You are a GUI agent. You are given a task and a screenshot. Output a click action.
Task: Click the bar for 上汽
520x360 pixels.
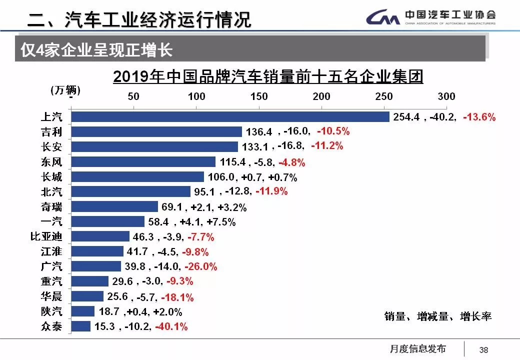point(230,117)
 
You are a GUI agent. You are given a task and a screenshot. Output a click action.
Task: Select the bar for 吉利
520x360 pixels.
point(156,132)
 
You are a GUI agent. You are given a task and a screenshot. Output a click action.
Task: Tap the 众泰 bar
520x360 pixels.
point(80,326)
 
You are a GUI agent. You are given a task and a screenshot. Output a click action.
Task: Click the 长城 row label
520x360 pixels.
point(51,177)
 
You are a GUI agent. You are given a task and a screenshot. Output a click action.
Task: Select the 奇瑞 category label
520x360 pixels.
point(51,206)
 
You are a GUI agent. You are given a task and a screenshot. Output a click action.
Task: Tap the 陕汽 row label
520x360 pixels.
point(51,311)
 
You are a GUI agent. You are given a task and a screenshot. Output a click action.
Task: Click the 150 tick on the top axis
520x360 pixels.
point(259,96)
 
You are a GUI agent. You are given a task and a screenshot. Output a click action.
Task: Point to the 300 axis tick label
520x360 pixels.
point(446,96)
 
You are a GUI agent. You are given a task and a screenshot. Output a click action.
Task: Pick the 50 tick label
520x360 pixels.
point(133,96)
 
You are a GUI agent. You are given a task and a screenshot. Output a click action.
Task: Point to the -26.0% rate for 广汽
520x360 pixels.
point(201,267)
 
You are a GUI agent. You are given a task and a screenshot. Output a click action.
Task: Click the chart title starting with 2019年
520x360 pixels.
point(268,77)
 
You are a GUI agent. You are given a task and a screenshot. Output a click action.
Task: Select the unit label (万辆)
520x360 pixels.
point(65,90)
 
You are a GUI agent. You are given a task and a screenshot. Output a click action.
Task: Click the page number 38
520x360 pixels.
point(483,349)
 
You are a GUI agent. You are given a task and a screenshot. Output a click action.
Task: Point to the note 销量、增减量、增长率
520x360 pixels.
point(438,316)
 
